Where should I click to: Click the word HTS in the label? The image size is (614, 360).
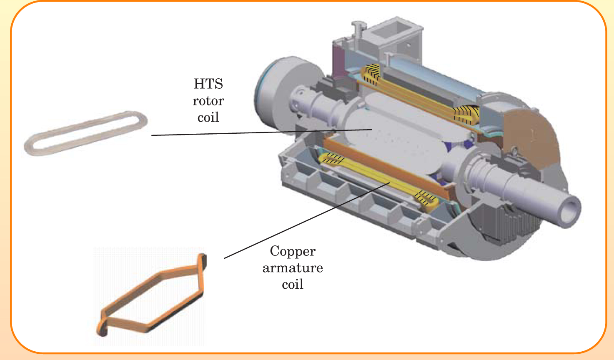tap(208, 84)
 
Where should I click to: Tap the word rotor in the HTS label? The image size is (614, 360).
tap(208, 101)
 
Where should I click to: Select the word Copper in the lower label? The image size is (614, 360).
tap(292, 251)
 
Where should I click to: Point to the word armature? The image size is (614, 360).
tap(292, 268)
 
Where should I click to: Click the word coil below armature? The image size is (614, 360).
tap(292, 285)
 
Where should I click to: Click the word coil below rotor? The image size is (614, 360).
tap(208, 117)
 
